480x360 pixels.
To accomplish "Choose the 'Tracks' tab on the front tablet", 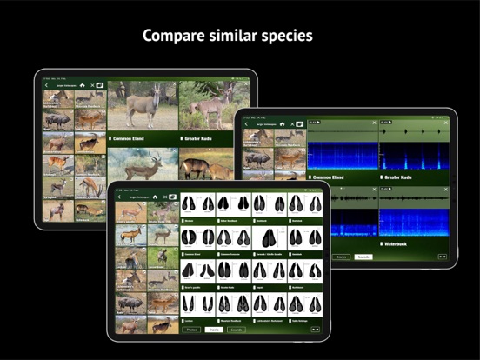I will point(214,330).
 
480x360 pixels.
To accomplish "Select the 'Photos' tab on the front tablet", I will point(193,330).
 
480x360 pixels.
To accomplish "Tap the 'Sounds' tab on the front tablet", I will point(235,330).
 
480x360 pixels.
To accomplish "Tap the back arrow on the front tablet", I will point(120,197).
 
